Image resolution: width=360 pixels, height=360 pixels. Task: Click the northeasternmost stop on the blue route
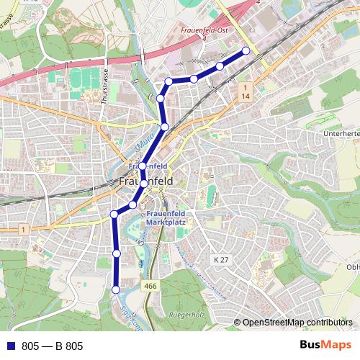(246, 50)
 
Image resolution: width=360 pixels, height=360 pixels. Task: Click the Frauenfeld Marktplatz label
(166, 218)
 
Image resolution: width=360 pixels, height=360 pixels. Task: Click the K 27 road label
(220, 258)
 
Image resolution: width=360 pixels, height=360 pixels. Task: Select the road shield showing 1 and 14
(246, 91)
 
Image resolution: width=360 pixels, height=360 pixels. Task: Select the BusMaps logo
(325, 345)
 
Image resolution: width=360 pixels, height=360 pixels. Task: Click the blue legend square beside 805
(11, 346)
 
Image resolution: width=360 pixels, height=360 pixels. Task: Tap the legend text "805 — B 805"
(53, 346)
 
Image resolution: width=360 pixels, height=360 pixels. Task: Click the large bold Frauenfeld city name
(144, 182)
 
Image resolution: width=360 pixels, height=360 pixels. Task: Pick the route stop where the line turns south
(114, 214)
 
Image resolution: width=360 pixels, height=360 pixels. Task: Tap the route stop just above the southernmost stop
(117, 253)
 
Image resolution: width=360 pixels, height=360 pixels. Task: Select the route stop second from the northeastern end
(220, 66)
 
